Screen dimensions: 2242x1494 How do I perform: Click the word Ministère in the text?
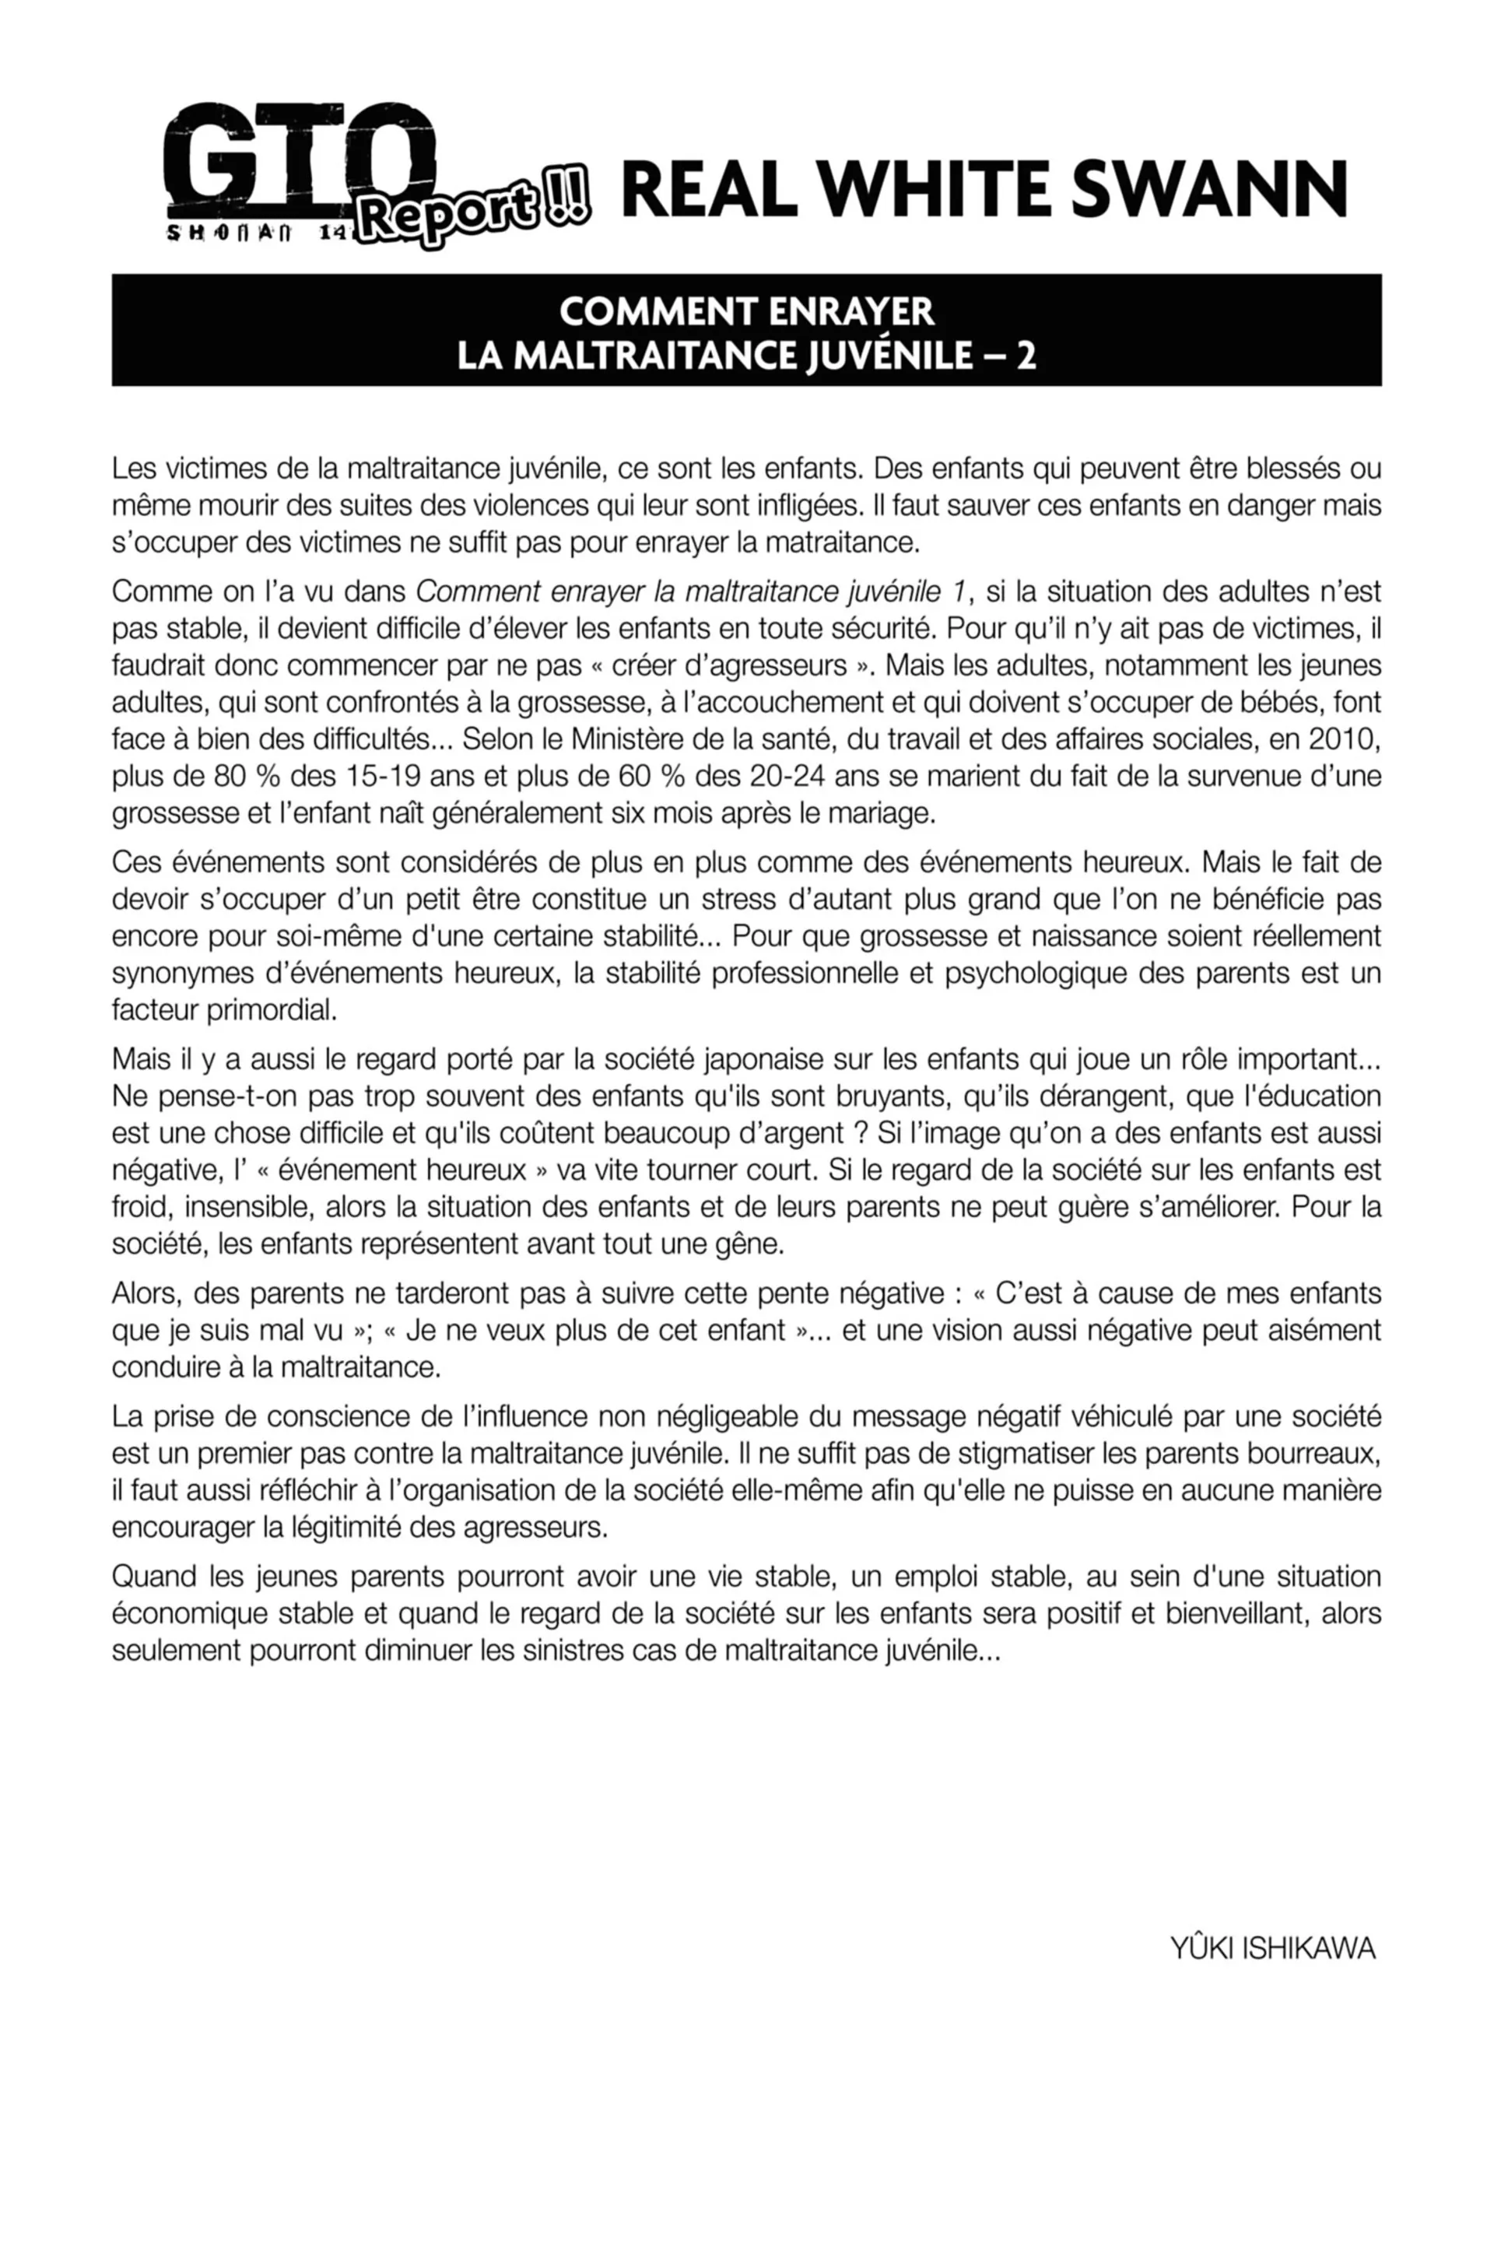(630, 739)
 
